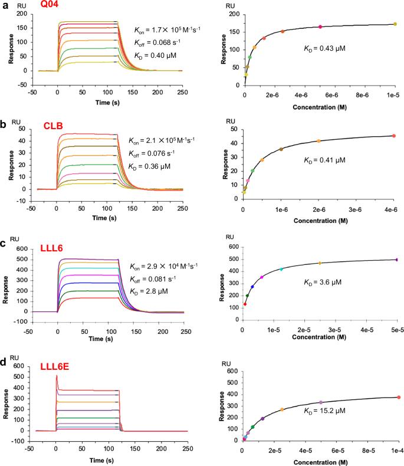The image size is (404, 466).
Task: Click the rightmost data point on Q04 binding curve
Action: tap(395, 24)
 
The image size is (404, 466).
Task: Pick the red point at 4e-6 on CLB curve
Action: tap(393, 136)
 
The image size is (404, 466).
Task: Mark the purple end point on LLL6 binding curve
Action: tap(396, 260)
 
